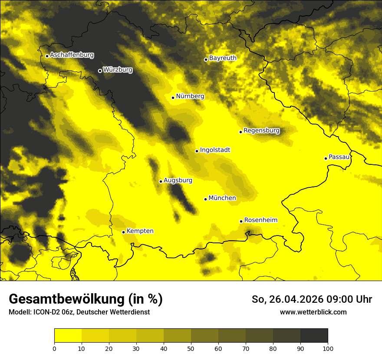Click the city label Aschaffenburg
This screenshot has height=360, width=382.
point(72,55)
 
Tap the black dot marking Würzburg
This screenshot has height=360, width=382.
point(100,71)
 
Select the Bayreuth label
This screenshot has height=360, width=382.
point(223,58)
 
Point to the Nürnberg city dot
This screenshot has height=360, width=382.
point(173,98)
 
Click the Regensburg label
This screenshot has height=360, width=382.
point(261,131)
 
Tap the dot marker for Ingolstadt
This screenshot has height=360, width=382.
point(197,151)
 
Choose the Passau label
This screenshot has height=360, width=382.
point(339,157)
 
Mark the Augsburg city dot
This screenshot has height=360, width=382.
point(161,181)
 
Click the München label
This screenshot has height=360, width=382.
point(222,198)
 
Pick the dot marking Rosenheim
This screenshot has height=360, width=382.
point(241,221)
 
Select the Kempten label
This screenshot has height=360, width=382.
point(140,231)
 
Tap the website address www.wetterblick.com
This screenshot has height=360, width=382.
point(313,312)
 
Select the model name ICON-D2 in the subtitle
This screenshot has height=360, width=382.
point(48,312)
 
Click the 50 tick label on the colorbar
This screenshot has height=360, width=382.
point(191,348)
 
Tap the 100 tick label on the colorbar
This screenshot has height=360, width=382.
point(328,348)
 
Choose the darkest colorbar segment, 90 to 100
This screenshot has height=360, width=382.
point(314,336)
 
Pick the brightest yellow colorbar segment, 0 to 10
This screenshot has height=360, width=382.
point(68,336)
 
